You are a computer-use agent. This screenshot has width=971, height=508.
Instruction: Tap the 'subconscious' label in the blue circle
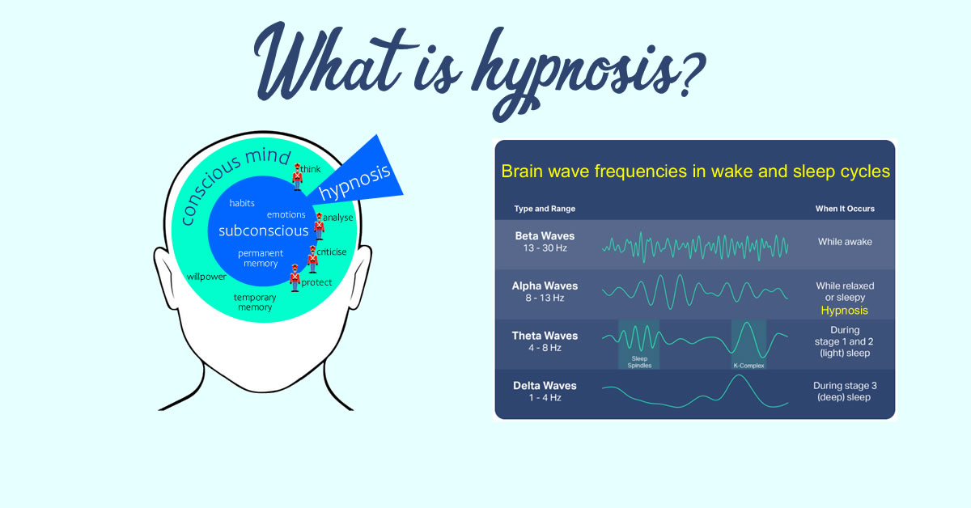coord(263,231)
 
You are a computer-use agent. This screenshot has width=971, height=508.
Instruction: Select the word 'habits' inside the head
coord(242,203)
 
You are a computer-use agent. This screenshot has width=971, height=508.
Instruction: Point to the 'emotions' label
coord(286,215)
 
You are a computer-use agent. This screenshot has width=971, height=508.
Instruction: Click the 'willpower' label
coord(206,277)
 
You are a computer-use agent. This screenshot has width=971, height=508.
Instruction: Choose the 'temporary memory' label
coord(254,302)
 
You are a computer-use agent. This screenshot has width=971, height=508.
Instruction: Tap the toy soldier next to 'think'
coord(298,176)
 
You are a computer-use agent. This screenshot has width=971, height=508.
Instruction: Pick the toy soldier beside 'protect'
coord(295,278)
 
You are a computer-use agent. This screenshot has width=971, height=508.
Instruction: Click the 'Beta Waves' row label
coord(545,236)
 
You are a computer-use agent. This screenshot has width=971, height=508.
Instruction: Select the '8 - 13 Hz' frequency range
coord(545,298)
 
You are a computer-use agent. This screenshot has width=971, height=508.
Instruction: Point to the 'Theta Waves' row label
coord(545,336)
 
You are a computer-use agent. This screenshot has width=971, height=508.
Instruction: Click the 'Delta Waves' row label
coord(545,385)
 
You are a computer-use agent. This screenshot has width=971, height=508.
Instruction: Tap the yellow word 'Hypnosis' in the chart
coord(844,311)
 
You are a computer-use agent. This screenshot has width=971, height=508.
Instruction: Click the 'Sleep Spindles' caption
coord(638,362)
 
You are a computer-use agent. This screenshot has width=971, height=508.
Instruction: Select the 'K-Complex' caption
coord(748,366)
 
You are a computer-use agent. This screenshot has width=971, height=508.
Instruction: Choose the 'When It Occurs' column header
coord(845,209)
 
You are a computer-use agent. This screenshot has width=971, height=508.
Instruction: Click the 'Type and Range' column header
coord(545,209)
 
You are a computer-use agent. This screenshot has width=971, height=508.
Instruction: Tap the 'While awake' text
coord(845,241)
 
